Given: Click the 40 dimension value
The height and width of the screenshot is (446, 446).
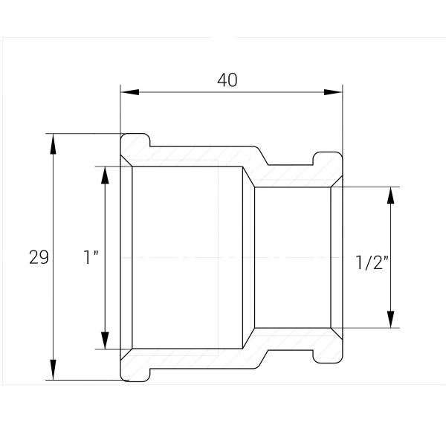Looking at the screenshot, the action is (x=227, y=80).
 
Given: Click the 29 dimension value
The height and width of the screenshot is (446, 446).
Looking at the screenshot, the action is (x=39, y=257).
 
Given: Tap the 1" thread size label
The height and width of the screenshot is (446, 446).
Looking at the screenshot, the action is (x=91, y=257).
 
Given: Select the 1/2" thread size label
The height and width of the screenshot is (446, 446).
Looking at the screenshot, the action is (x=372, y=262).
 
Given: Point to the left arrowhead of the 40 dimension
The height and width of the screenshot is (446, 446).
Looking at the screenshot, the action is (x=129, y=92).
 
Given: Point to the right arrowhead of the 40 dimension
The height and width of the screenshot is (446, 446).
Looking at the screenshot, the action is (x=333, y=92).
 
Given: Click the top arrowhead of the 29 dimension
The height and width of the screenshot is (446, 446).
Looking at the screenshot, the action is (x=54, y=143).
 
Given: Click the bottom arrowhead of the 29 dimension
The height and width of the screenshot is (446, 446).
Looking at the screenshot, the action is (x=54, y=369).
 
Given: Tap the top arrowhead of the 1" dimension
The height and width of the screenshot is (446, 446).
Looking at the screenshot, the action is (x=106, y=175).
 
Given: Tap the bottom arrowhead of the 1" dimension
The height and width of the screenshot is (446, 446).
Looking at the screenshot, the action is (x=106, y=340).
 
